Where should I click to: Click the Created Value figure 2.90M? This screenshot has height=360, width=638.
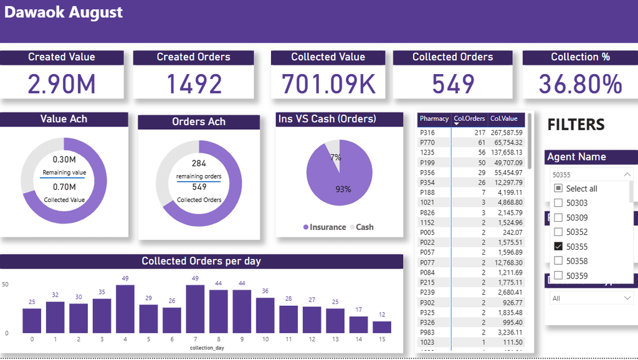(x=61, y=84)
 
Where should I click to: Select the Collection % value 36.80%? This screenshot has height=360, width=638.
(x=580, y=84)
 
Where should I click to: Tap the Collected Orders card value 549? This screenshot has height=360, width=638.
(x=453, y=84)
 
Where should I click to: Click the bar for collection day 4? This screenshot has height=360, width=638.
(x=125, y=309)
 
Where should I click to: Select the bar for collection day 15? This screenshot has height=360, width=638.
(x=382, y=327)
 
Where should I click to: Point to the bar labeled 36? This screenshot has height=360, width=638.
(x=265, y=315)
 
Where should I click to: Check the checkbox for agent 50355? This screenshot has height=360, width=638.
(x=558, y=246)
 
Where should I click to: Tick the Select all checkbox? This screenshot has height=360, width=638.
(x=558, y=188)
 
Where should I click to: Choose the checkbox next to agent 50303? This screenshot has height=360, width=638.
(x=558, y=202)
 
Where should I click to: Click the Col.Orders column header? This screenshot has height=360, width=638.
(x=469, y=118)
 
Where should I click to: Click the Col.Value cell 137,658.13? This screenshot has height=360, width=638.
(x=506, y=153)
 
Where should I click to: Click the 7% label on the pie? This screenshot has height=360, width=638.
(x=336, y=158)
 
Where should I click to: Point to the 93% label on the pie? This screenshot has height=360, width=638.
(x=343, y=189)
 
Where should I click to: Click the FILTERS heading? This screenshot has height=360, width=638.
(x=576, y=125)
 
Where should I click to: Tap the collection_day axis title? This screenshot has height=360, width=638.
(x=207, y=348)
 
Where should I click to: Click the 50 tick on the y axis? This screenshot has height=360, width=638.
(x=6, y=285)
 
